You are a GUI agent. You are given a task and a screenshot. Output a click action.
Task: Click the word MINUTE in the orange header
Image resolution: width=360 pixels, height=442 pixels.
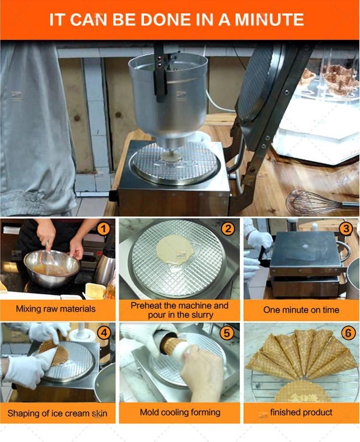[x=269, y=19]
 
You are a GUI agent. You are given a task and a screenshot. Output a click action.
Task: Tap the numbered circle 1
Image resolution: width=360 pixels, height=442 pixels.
[x=103, y=228]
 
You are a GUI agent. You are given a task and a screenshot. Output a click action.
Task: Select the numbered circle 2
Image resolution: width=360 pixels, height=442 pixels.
[x=228, y=228]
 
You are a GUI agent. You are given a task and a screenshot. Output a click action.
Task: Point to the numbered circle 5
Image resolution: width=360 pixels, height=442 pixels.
[x=227, y=333]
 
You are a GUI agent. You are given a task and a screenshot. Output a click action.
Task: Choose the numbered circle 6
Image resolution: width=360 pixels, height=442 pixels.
[x=348, y=333]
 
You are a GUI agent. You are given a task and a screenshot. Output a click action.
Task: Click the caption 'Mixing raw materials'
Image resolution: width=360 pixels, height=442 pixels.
[x=56, y=309]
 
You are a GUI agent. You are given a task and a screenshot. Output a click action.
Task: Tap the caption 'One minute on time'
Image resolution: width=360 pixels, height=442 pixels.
[x=301, y=310]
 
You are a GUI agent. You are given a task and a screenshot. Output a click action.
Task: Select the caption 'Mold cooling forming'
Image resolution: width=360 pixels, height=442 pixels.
[x=180, y=412]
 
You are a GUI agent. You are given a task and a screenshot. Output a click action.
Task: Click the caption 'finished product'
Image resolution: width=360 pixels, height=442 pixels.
[x=301, y=412]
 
